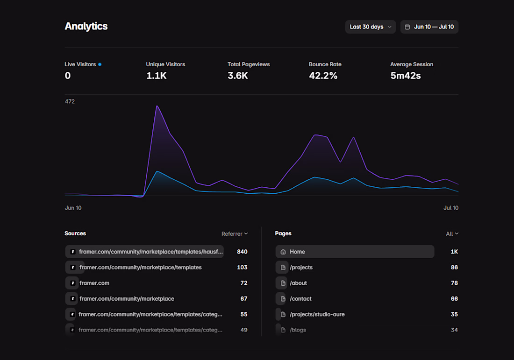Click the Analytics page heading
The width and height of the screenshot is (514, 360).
coord(86,26)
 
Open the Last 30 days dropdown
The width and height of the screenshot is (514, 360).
coord(371,27)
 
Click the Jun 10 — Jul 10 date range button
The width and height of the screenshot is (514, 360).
coord(429,27)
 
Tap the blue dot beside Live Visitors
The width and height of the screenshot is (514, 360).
coord(100,64)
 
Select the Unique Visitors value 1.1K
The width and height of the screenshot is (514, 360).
coord(157,76)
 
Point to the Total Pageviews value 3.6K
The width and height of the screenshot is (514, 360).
coord(238,76)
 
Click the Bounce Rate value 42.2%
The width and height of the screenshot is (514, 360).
coord(323,76)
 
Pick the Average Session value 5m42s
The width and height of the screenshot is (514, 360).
coord(406,76)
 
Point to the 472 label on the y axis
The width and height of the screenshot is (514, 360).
coord(70,101)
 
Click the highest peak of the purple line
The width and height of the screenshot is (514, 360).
coord(157,106)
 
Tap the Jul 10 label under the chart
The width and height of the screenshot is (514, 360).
coord(451,208)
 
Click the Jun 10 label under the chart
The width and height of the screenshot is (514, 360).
coord(73,208)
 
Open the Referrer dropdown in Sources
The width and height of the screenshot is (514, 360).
coord(235,233)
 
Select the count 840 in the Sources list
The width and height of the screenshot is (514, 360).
coord(242,252)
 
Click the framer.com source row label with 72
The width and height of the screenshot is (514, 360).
coord(94,283)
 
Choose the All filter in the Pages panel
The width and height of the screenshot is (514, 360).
coord(452,233)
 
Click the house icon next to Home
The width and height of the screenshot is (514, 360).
coord(283,252)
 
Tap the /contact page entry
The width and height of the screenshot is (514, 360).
coord(300,299)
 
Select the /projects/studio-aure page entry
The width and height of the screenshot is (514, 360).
coord(317,314)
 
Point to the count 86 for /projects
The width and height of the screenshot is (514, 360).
coord(454,267)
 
